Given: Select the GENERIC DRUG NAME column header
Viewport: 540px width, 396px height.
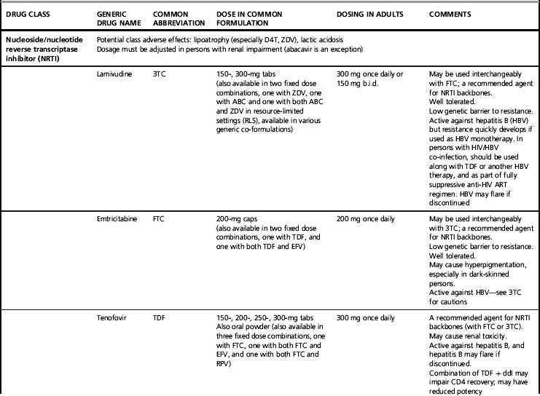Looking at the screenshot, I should pyautogui.click(x=117, y=19).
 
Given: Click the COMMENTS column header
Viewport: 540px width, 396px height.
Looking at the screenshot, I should pyautogui.click(x=450, y=14).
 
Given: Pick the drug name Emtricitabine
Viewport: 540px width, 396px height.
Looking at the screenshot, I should pyautogui.click(x=118, y=218).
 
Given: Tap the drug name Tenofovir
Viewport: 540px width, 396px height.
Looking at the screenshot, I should pyautogui.click(x=113, y=318).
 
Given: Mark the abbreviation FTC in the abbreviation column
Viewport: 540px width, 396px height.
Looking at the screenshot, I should pyautogui.click(x=160, y=218).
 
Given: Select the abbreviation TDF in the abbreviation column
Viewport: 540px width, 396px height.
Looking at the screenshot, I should pyautogui.click(x=160, y=318).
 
